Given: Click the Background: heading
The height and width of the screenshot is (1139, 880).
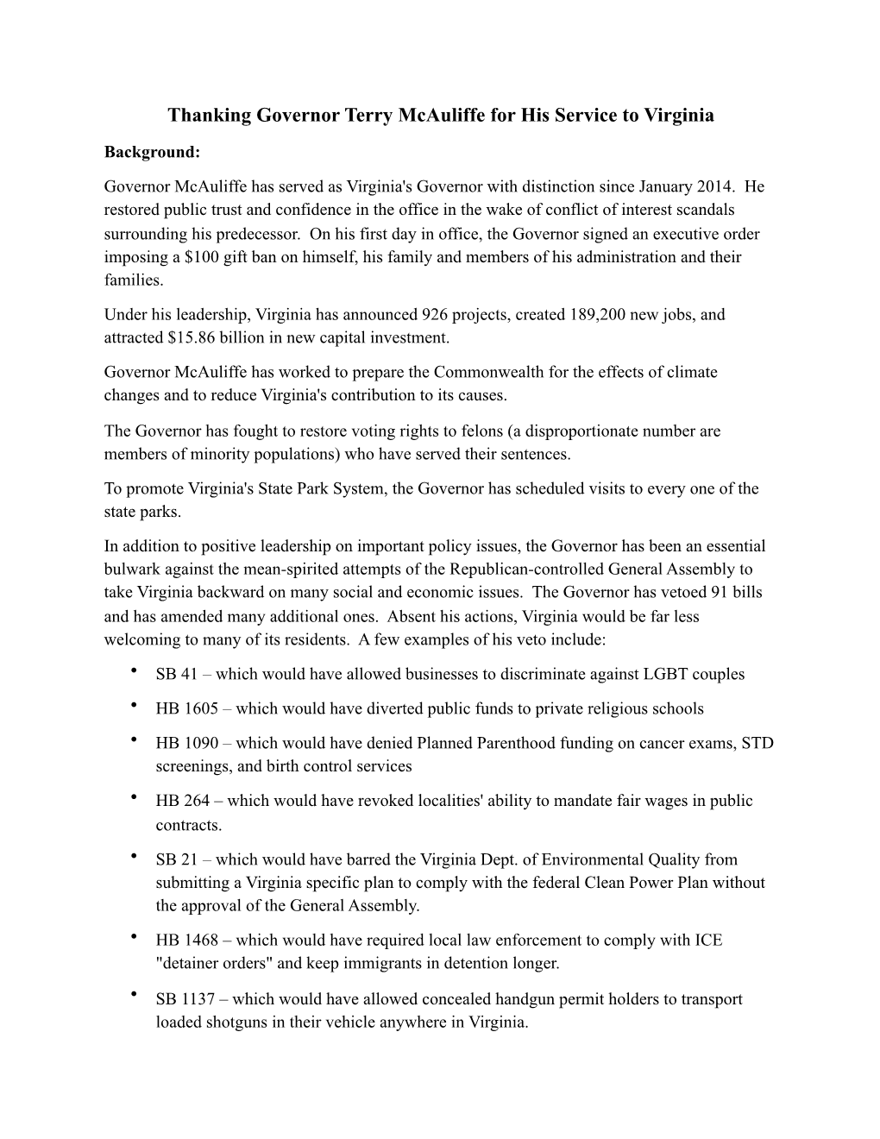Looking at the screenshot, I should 152,152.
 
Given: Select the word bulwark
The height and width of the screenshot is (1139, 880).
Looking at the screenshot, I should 130,569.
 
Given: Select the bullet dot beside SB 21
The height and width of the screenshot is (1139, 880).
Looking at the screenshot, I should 135,855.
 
